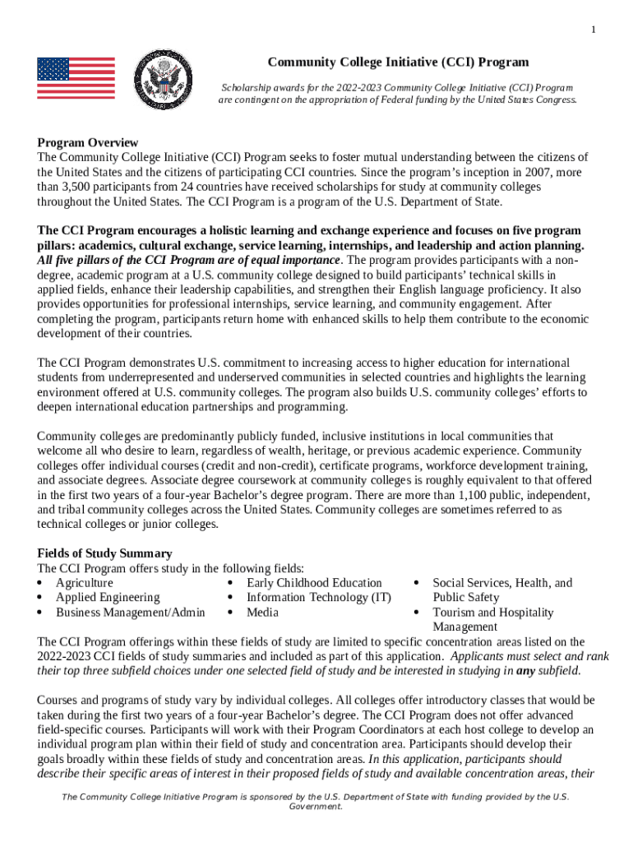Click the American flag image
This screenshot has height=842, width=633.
(76, 79)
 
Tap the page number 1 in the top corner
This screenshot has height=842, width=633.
(594, 30)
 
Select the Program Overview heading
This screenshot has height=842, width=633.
(87, 142)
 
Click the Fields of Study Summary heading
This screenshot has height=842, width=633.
(104, 553)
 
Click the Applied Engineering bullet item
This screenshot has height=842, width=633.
(107, 598)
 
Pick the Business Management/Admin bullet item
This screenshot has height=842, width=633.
(130, 613)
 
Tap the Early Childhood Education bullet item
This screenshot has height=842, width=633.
(314, 583)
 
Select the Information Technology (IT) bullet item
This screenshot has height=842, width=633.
(318, 598)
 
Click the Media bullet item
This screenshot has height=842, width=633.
(262, 613)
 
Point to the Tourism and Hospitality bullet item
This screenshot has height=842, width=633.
(492, 613)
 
